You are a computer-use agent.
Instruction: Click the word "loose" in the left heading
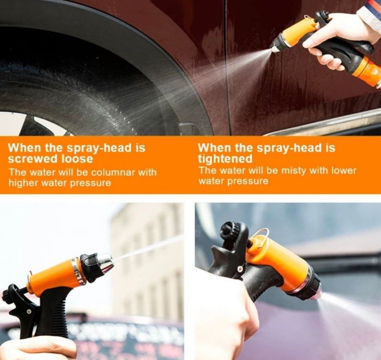(77, 159)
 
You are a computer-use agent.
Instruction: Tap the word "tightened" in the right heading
(225, 159)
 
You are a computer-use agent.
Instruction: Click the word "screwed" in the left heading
(33, 159)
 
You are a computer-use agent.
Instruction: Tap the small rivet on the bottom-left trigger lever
(29, 311)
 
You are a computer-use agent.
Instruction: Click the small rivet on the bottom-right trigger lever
(240, 269)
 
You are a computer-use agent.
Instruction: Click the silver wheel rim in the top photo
(41, 125)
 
